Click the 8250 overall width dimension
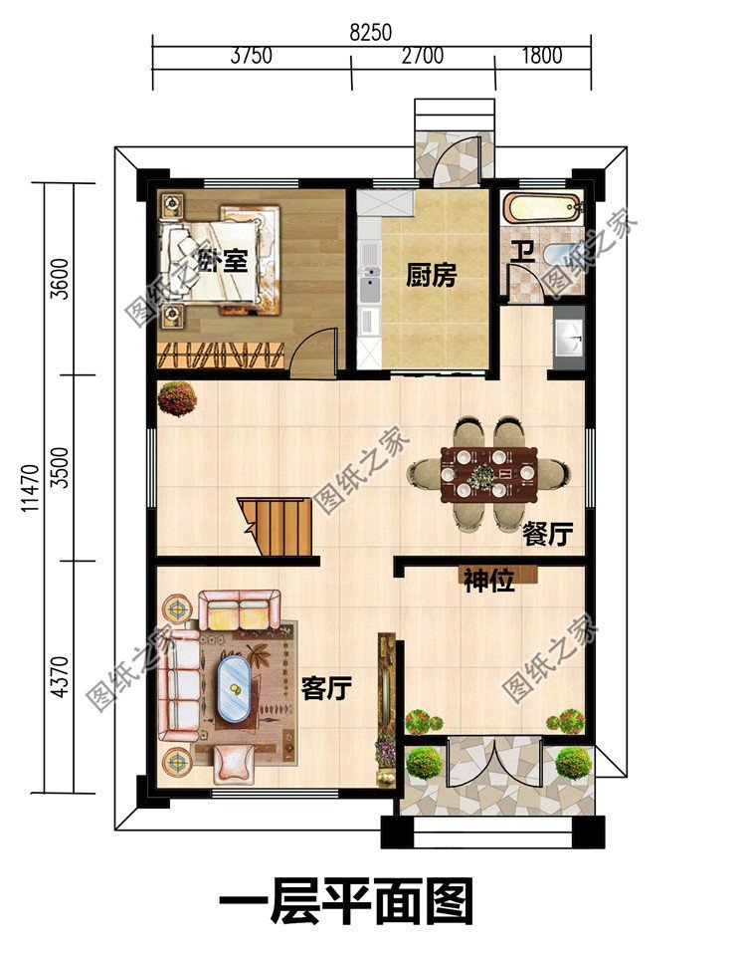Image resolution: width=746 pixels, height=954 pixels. click(370, 33)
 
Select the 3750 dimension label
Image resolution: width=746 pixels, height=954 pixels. click(251, 56)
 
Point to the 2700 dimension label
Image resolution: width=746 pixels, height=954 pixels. click(423, 56)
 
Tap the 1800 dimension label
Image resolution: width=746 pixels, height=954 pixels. click(542, 56)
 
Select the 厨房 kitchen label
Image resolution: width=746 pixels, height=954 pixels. click(431, 276)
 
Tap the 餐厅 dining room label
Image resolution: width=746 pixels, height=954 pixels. click(547, 535)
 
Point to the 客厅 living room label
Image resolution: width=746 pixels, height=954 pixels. click(326, 687)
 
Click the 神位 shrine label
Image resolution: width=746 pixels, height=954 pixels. click(488, 582)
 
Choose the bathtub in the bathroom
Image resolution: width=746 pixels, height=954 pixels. click(542, 209)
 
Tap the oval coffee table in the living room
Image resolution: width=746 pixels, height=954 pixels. click(234, 687)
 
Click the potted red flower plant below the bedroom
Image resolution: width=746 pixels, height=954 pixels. click(177, 398)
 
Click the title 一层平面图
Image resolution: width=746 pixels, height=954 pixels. click(345, 904)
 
